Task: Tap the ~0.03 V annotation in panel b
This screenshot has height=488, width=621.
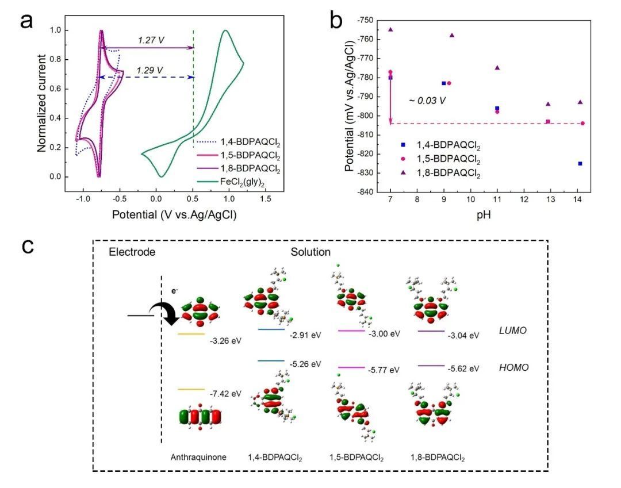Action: click(427, 101)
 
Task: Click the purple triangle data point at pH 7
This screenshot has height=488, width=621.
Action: click(390, 29)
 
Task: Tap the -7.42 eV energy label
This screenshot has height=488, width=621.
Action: click(225, 394)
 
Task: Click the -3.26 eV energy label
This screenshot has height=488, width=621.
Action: click(225, 340)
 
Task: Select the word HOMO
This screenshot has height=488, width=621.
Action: click(513, 367)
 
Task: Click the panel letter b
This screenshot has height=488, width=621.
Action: click(336, 21)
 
